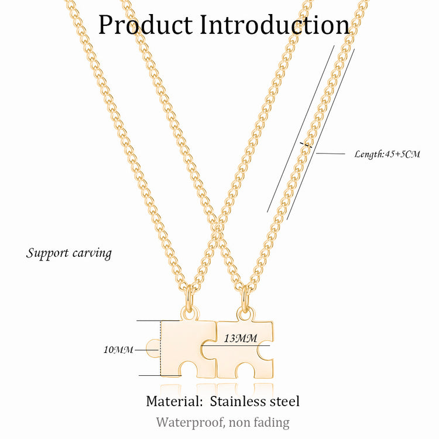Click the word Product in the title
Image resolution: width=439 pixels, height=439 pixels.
pyautogui.click(x=145, y=25)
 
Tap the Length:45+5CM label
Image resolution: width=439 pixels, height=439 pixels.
pyautogui.click(x=387, y=154)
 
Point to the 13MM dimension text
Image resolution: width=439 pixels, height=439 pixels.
pyautogui.click(x=240, y=338)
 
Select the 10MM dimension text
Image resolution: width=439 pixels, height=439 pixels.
pyautogui.click(x=118, y=350)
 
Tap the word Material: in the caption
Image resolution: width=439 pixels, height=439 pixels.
pyautogui.click(x=174, y=402)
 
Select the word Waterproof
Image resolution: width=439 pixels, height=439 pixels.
pyautogui.click(x=190, y=422)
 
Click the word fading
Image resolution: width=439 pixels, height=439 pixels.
pyautogui.click(x=270, y=422)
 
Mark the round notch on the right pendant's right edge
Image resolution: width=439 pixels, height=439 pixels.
pyautogui.click(x=266, y=351)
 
